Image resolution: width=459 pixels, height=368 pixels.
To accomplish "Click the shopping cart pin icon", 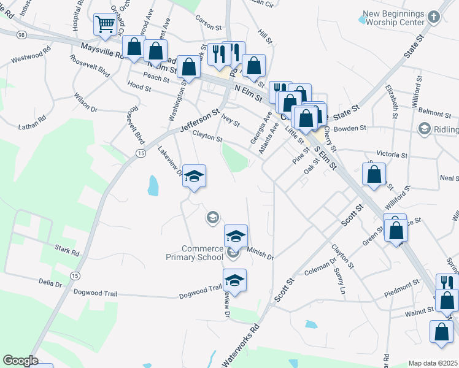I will (x=105, y=25).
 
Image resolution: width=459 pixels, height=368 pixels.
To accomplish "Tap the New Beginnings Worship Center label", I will (x=393, y=18).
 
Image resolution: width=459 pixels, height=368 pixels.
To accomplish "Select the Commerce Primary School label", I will (x=202, y=253).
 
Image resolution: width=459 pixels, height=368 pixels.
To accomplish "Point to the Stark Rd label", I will (x=67, y=251).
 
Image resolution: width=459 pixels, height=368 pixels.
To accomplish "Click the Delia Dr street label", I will (x=50, y=284).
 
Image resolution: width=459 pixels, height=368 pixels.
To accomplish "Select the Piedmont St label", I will (x=402, y=285).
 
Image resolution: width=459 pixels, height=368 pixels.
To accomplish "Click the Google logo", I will (x=20, y=361).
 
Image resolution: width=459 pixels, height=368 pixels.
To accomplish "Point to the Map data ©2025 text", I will (x=433, y=363).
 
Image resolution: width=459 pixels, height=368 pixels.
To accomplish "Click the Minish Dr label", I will (x=260, y=251).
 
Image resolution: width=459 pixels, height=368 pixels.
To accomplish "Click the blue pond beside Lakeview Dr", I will (x=153, y=185).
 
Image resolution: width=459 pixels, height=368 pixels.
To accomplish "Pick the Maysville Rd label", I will (x=102, y=51).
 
